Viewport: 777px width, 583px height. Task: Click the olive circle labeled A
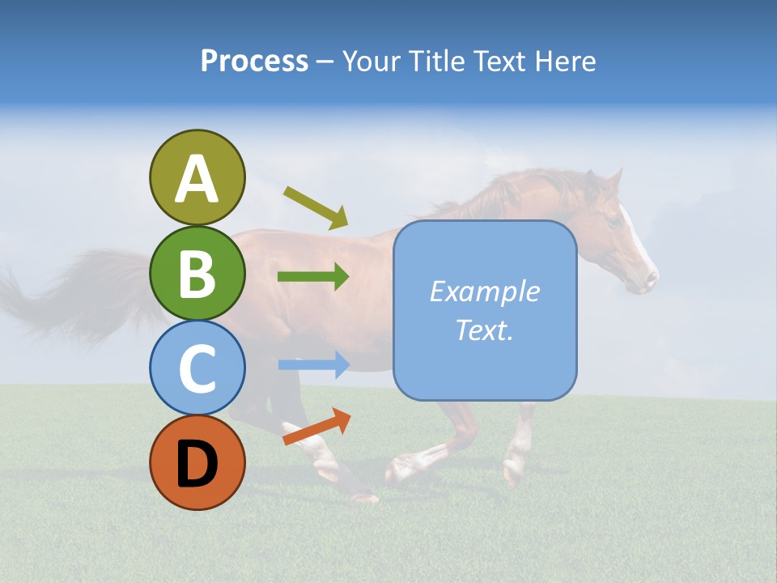197,177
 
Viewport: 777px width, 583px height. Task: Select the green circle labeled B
197,273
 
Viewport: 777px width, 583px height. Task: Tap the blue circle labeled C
197,368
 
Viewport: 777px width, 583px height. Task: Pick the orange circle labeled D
197,462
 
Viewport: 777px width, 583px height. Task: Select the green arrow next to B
313,277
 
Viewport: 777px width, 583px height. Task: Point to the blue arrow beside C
313,365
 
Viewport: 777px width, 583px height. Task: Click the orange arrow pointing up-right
316,427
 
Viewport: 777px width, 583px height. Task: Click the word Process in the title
254,61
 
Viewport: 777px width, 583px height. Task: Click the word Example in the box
485,291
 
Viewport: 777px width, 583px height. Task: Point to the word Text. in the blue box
485,330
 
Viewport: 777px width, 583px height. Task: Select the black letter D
197,462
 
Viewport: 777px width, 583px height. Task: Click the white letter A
197,178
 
